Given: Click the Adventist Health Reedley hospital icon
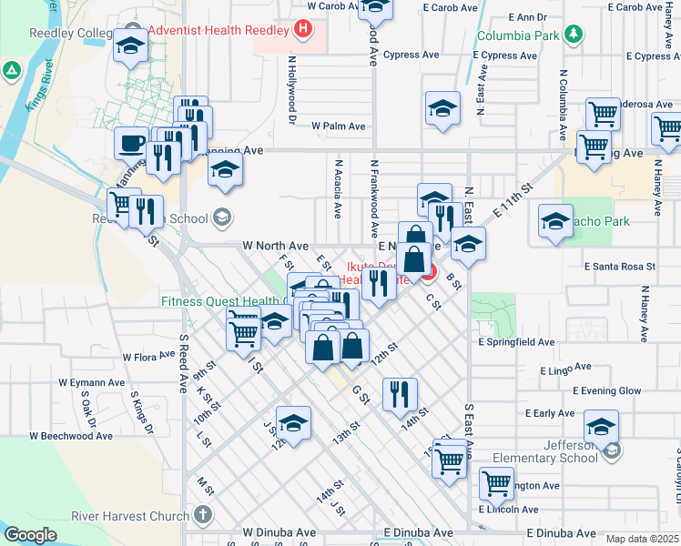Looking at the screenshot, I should [x=303, y=29].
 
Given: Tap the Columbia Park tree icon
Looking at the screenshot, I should [x=573, y=35].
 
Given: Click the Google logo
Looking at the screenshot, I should [x=30, y=535].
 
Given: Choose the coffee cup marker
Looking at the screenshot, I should [x=132, y=143].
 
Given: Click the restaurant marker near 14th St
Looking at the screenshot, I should [x=400, y=394].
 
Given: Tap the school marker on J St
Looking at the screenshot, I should [x=293, y=422].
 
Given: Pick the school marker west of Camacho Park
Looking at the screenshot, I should [x=555, y=220].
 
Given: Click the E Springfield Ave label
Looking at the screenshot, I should [x=516, y=342].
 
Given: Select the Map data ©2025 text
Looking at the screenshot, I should [x=642, y=539].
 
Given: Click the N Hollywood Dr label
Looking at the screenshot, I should [x=292, y=89].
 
